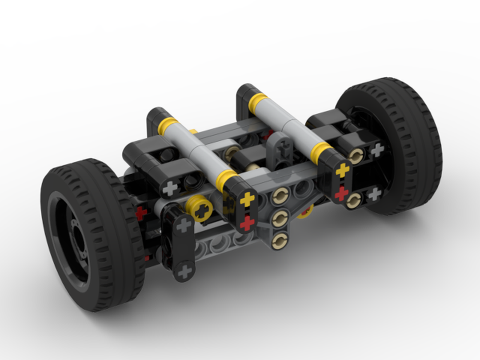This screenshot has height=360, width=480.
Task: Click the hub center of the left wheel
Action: pos(77,234)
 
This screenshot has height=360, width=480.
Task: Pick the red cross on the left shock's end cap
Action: pos(247,222)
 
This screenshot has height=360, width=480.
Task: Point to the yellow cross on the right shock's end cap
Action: pos(342,170)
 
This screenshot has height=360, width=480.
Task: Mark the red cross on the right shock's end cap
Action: pos(341,193)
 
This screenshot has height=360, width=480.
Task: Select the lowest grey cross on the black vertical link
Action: pos(184,272)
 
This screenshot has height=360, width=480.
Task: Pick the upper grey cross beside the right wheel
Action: pos(377,150)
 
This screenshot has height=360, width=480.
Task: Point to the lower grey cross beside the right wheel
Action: pos(374,194)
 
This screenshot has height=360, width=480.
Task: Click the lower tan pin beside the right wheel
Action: pos(353,199)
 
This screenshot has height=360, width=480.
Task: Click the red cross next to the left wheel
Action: pos(141,213)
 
